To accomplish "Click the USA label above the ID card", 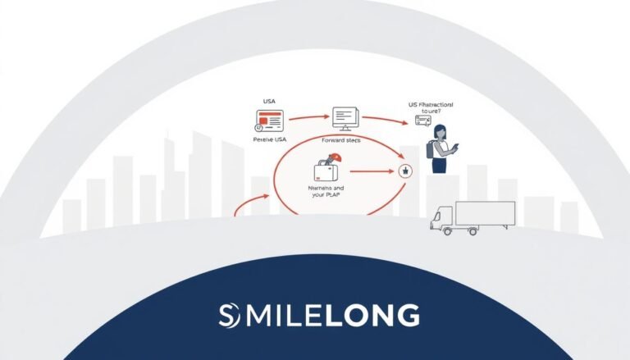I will click(269, 101).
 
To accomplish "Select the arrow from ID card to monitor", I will click(305, 116).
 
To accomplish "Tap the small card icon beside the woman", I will click(423, 121).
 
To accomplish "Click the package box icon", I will click(326, 171).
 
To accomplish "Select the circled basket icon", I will click(404, 171).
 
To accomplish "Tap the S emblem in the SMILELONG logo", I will click(231, 314).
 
